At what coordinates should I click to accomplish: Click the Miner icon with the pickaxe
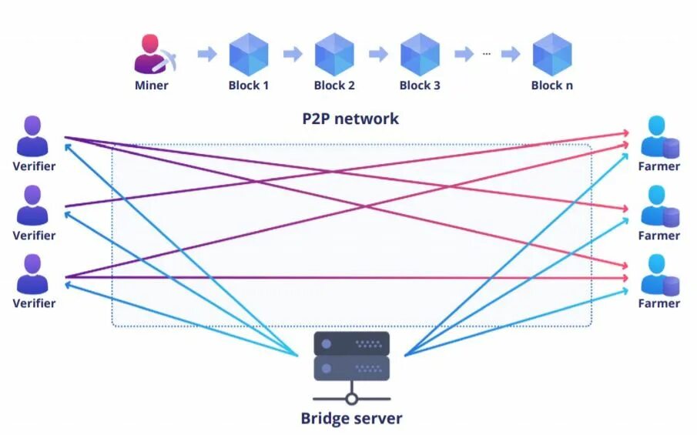152,55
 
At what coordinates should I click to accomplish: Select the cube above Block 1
249,54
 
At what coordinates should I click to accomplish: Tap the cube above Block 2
334,54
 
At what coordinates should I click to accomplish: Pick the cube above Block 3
420,54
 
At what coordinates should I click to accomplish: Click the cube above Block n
551,54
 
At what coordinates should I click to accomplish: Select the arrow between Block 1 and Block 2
292,54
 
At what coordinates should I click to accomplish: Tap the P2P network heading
350,119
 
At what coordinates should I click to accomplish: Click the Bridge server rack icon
351,356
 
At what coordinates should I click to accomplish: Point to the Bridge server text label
351,419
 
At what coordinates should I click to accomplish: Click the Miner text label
152,85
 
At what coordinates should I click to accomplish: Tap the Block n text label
551,85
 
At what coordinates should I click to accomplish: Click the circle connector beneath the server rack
351,399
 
